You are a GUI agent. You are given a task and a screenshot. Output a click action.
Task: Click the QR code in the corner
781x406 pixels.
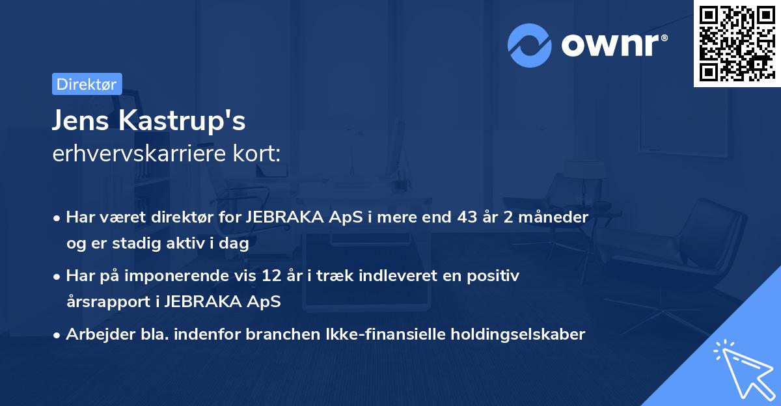tap(736, 44)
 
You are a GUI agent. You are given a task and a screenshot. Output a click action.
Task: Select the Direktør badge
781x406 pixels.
tap(87, 84)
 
